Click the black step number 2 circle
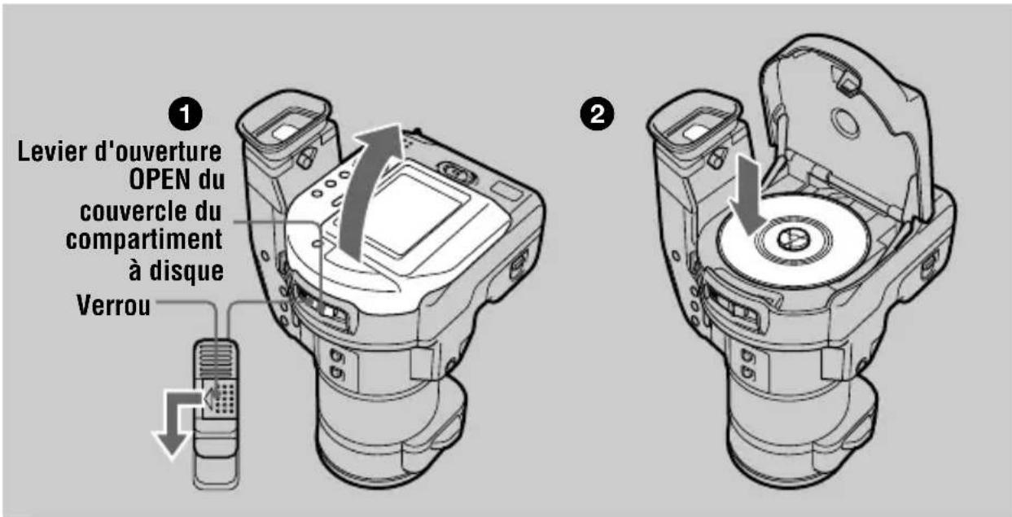(x=598, y=114)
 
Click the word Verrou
(x=113, y=305)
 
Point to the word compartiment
(x=144, y=240)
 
